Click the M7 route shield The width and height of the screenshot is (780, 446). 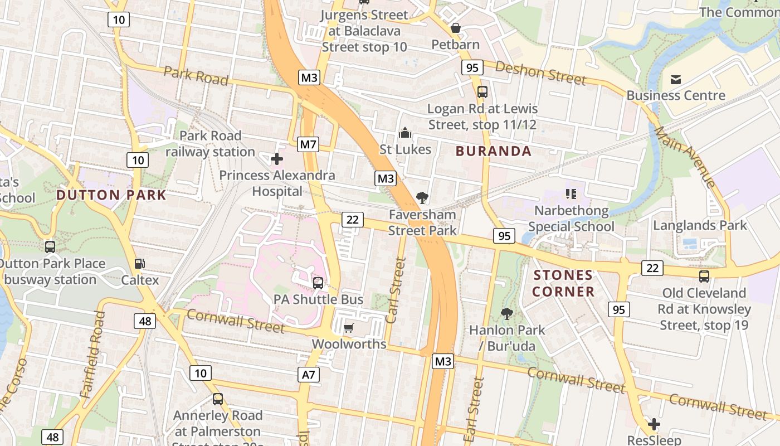[308, 145]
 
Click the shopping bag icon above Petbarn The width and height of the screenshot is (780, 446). [455, 27]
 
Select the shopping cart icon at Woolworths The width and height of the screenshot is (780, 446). [349, 328]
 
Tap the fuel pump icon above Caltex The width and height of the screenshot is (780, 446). [139, 264]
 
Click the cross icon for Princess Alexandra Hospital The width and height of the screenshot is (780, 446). [277, 159]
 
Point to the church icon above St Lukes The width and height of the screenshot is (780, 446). [405, 133]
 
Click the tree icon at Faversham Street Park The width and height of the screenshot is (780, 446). [422, 197]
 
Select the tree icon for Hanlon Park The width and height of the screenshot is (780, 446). [506, 313]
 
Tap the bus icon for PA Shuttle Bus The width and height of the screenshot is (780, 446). [318, 283]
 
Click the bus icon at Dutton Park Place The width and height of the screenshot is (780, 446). [50, 246]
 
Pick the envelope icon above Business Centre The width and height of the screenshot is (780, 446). [676, 79]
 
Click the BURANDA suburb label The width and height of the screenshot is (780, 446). [493, 151]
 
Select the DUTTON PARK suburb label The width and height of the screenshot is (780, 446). [111, 195]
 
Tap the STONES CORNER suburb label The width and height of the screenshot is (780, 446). [563, 283]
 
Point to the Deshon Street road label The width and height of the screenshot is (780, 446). [540, 73]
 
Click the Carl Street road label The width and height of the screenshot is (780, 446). [396, 290]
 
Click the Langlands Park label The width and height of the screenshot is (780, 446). [700, 225]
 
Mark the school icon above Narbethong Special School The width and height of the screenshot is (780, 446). [571, 194]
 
